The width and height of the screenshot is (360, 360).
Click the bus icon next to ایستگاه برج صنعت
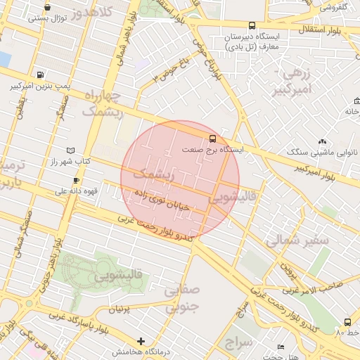pos(212,138)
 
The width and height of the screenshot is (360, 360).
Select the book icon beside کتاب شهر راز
pos(69,150)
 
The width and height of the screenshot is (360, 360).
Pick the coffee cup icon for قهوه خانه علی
pos(75,180)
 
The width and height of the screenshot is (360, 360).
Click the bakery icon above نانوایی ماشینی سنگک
pos(323,141)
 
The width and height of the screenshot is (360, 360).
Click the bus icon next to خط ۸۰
pos(347,322)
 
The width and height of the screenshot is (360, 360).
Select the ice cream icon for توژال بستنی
pos(47,7)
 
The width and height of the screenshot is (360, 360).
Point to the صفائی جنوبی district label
pos(182,297)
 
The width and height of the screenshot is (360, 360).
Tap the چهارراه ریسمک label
pos(102,102)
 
